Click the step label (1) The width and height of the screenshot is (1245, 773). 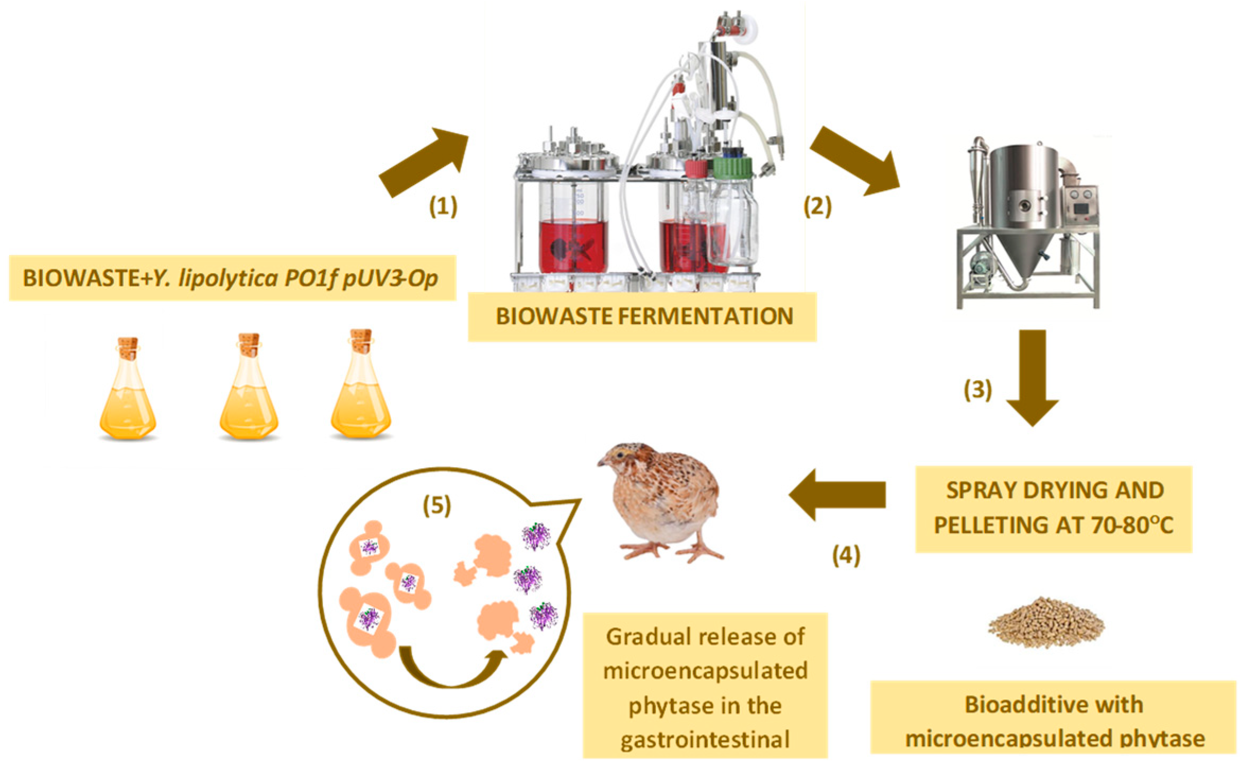(x=443, y=206)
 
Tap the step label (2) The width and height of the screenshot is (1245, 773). (x=817, y=206)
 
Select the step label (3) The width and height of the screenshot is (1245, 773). (x=977, y=390)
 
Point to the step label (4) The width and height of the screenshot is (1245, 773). (x=846, y=556)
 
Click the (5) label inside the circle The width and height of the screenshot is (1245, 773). (x=436, y=505)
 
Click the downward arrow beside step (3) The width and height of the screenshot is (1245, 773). (x=1032, y=376)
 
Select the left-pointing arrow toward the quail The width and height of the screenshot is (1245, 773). (x=838, y=495)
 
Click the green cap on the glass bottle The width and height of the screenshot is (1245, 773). (x=732, y=167)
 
